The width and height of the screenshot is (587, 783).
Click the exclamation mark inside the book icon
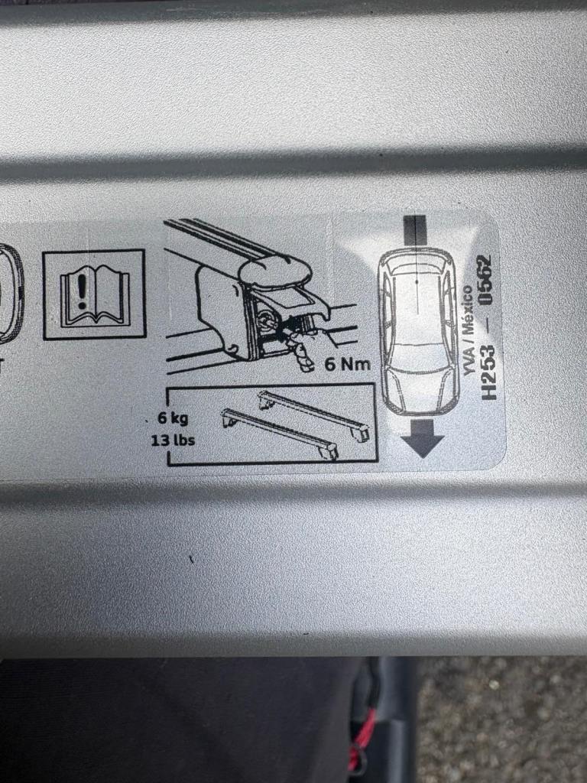click(x=82, y=291)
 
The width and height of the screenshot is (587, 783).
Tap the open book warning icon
click(x=94, y=295)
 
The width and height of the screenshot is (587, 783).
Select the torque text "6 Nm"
click(x=348, y=364)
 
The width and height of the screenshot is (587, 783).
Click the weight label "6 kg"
click(x=174, y=417)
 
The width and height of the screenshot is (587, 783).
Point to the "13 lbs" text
click(x=174, y=440)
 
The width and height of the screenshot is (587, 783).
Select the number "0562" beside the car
click(x=484, y=278)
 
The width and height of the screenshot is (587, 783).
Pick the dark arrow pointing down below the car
click(x=422, y=438)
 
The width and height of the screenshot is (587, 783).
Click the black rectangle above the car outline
click(x=415, y=230)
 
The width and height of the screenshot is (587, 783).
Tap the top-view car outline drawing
click(x=418, y=331)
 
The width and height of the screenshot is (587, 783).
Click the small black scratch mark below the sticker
click(x=191, y=559)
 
